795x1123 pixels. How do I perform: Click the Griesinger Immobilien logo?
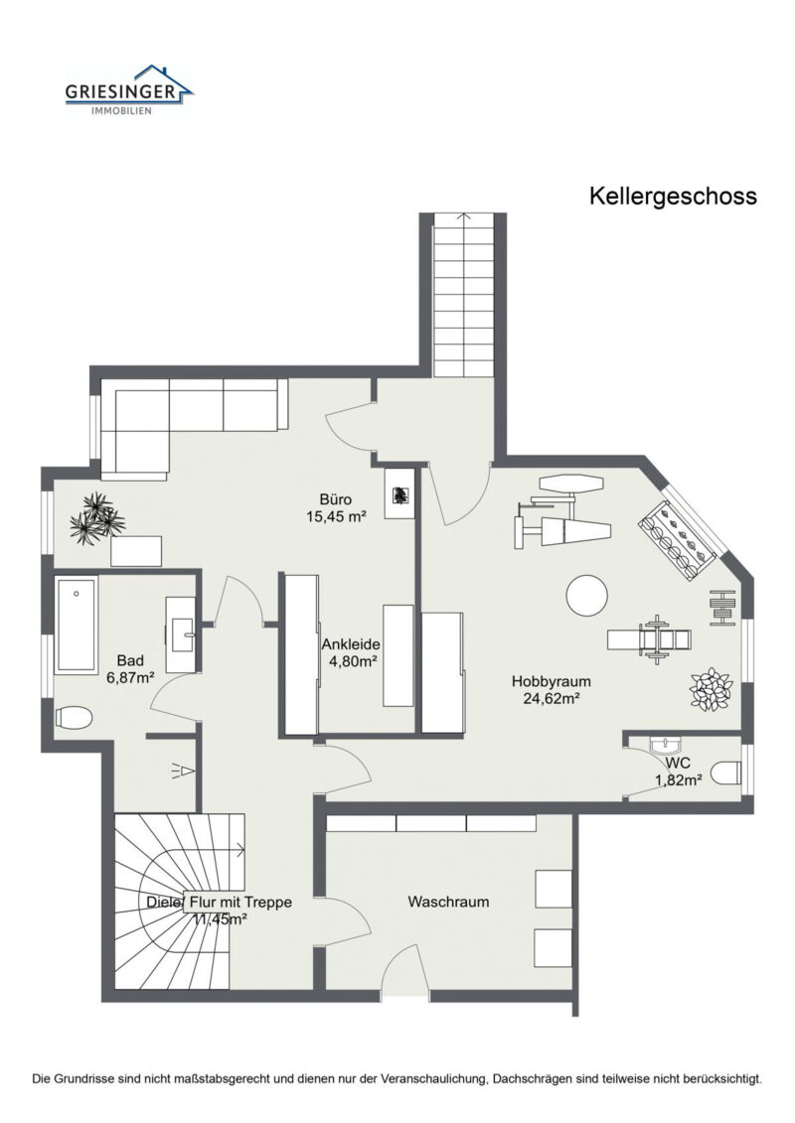point(128,90)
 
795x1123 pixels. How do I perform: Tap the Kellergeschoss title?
point(673,196)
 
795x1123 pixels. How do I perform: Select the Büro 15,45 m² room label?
point(336,507)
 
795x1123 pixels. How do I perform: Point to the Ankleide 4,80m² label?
point(351,651)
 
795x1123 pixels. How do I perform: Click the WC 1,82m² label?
point(679,772)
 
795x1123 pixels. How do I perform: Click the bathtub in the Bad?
point(77,626)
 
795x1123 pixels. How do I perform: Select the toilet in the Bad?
point(75,715)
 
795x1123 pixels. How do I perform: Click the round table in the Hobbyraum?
point(586,596)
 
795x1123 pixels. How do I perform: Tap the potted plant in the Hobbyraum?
point(712,689)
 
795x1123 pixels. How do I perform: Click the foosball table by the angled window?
point(680,541)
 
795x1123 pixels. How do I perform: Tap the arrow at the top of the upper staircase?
point(464,214)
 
